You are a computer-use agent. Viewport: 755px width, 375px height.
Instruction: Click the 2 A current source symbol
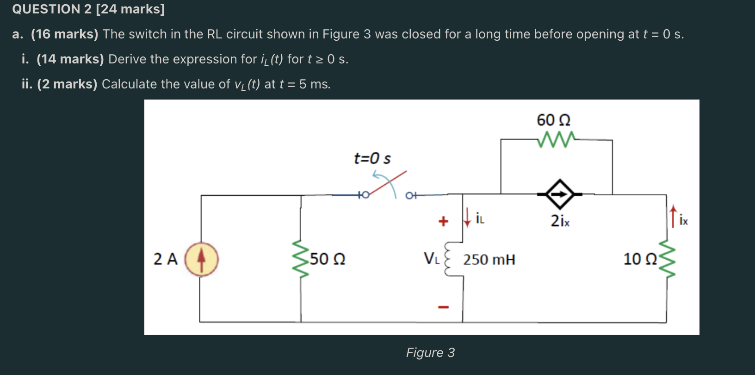tap(201, 259)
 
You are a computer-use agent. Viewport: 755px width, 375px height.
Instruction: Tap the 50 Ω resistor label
tap(328, 259)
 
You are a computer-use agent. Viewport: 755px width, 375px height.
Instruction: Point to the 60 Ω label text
tap(553, 120)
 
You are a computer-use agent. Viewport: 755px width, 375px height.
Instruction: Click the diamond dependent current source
tap(560, 194)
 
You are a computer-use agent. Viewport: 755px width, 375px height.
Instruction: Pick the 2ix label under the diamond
tap(560, 221)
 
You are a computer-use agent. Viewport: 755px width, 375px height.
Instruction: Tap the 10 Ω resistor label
tap(640, 259)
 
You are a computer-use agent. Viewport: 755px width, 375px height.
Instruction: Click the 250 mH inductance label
tap(489, 259)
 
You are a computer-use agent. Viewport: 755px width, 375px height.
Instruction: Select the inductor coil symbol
tap(448, 259)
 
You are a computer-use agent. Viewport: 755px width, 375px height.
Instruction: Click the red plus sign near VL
tap(443, 221)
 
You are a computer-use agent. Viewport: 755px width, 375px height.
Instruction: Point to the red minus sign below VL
tap(443, 306)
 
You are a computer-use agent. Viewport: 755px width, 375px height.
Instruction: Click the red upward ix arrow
tap(673, 217)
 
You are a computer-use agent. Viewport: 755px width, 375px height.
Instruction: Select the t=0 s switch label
tap(372, 158)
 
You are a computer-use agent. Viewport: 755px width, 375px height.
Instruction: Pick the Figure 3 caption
tap(430, 353)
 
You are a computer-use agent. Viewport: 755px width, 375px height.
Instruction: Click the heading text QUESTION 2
tap(52, 9)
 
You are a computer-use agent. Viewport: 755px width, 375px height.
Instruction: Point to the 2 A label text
tap(165, 259)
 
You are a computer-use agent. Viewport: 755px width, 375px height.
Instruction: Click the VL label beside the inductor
tap(431, 258)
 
